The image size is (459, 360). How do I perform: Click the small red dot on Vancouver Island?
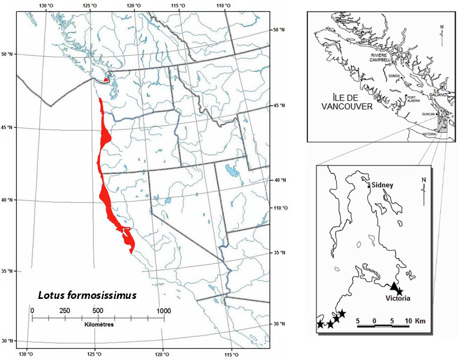106,80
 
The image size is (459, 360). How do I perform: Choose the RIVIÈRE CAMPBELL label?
381,57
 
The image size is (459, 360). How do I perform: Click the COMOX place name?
394,76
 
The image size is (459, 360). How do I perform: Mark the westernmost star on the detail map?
320,324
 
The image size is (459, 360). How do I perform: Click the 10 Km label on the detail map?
412,321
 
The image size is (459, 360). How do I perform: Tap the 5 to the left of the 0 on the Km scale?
358,321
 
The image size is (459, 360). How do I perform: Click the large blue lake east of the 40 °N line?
232,171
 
